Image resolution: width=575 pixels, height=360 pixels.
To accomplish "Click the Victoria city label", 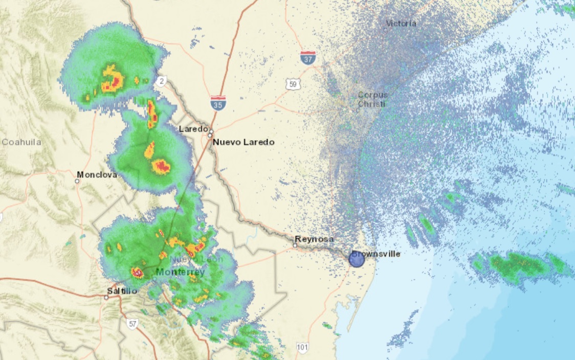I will [401, 24].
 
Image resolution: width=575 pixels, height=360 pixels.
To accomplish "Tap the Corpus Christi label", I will [372, 99].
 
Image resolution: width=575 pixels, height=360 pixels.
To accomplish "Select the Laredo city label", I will [193, 129].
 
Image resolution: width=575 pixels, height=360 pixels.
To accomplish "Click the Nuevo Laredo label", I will [244, 142].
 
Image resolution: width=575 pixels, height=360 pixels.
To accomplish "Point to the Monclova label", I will [97, 175].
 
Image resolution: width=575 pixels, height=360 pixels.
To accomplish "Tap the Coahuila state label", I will [21, 142].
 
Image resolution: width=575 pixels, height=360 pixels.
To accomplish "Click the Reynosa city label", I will [314, 239].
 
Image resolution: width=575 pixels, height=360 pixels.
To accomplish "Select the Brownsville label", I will [376, 254].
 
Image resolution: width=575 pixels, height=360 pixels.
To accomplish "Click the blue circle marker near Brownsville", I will [357, 259].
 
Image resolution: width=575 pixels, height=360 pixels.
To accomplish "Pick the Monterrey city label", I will [180, 272].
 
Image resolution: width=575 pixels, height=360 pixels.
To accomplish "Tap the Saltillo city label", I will [122, 291].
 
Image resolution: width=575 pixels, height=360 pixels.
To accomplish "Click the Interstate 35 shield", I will [218, 103].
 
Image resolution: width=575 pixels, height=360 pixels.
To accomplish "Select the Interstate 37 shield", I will [308, 57].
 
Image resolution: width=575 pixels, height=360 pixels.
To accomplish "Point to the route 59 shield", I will [293, 84].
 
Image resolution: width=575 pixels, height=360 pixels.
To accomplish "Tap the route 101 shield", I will [302, 348].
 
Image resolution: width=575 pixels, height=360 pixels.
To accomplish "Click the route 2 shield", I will [161, 80].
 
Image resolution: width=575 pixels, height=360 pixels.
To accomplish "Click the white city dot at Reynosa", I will [295, 246].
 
